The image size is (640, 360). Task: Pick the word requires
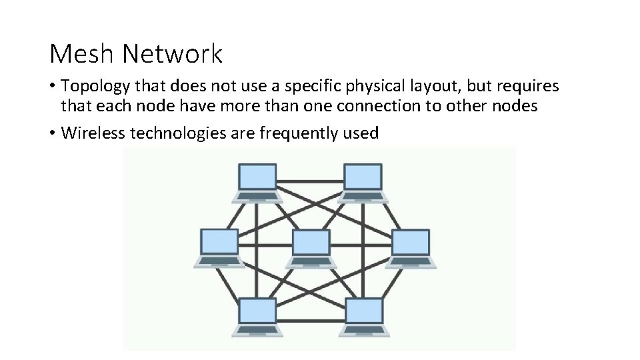tap(529, 86)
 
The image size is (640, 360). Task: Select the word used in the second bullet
tap(361, 133)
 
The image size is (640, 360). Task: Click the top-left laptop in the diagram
tap(257, 182)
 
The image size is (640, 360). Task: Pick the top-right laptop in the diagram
tap(363, 182)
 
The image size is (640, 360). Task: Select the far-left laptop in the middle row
tap(219, 247)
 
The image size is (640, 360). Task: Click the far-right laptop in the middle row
tap(411, 247)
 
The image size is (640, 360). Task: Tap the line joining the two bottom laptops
tap(311, 315)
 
